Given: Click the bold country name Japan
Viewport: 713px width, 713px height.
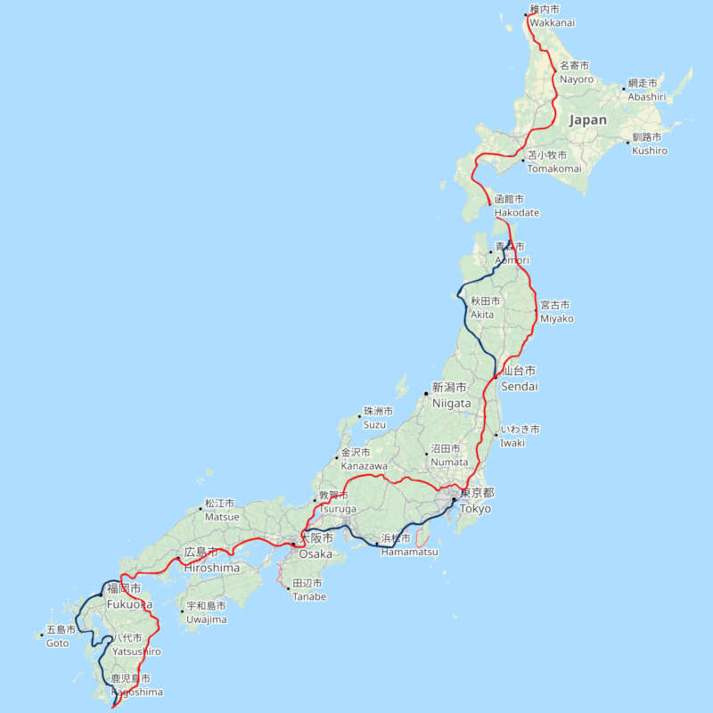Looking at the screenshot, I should coord(587,119).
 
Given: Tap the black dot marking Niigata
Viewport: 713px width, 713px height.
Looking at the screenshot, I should coord(426,392).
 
